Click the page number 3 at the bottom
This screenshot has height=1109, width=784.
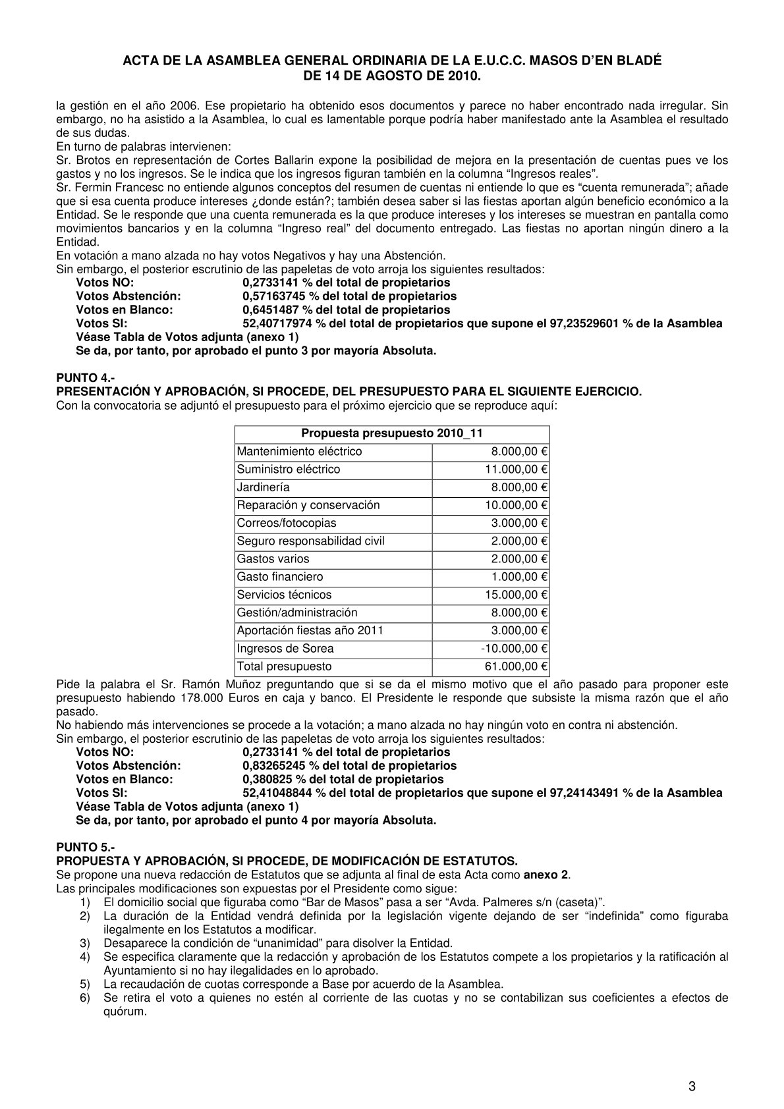(692, 1050)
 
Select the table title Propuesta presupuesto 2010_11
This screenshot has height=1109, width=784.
(391, 433)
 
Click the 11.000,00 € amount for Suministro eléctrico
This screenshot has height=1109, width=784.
(517, 470)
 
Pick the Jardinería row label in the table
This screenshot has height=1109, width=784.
(263, 487)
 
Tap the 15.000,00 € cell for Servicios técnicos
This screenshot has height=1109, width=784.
(517, 595)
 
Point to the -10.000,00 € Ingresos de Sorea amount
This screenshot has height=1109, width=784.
(515, 649)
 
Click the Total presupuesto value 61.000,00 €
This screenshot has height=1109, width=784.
(517, 666)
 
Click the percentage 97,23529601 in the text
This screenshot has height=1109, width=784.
(584, 323)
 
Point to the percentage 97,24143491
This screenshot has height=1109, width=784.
(584, 793)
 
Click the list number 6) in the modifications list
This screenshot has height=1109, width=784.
(84, 998)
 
